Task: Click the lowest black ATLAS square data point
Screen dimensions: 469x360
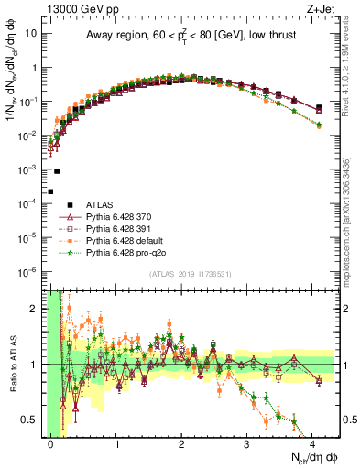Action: point(50,191)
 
